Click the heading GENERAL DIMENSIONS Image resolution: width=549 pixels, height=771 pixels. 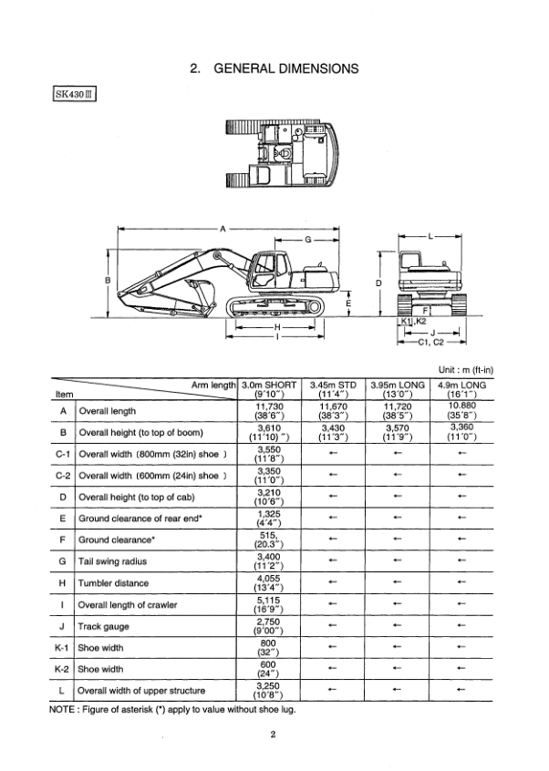tap(274, 67)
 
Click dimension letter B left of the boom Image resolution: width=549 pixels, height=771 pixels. tap(108, 281)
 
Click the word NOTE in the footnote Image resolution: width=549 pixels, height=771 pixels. tap(66, 708)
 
